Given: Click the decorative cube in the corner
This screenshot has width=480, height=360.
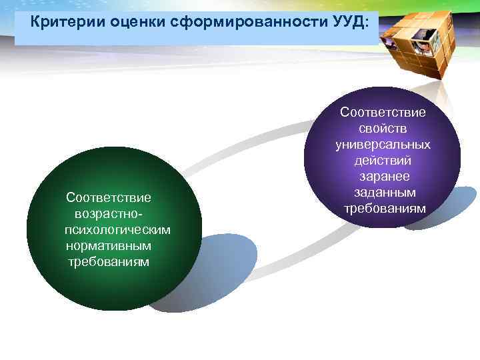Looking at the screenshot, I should point(421,43).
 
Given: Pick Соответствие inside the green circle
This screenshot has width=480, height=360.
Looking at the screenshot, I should point(109,197).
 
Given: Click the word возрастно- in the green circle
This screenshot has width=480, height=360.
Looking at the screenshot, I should point(109,213).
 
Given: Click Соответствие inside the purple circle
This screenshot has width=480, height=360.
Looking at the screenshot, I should point(383,113).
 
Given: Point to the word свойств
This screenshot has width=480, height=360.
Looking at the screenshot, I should point(383,129).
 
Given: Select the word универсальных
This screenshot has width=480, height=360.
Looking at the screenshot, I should point(383,145).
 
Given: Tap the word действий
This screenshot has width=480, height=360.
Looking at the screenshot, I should point(383,161).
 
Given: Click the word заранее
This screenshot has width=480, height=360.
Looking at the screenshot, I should point(383,177).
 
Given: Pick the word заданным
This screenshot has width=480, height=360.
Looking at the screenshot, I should point(383,193).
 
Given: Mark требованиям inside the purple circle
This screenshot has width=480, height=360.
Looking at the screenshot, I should point(383,209).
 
